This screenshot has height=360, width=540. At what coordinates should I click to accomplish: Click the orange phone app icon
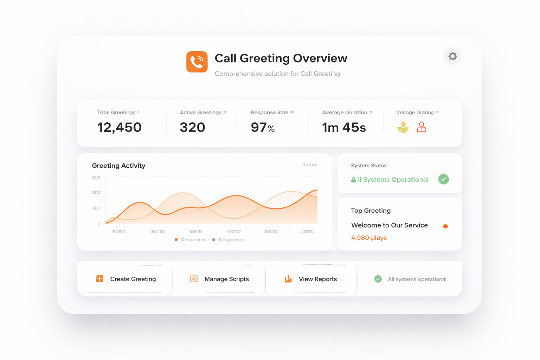[197, 62]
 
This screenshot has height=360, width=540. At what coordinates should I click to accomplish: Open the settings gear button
[452, 56]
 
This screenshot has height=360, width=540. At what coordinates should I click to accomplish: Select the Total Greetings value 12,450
[120, 127]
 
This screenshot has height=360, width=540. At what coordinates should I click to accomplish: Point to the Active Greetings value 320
[192, 127]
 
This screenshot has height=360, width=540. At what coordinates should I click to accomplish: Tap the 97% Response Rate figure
[263, 127]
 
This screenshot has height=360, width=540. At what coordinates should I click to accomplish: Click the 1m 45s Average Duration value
[344, 127]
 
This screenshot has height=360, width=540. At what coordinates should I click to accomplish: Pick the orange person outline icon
[422, 127]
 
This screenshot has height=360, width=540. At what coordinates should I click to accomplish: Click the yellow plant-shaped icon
[403, 127]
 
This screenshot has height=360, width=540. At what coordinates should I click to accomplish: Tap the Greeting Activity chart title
[118, 166]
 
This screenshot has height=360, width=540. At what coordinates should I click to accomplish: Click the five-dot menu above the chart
[310, 165]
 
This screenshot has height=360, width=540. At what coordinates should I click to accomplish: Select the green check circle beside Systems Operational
[444, 179]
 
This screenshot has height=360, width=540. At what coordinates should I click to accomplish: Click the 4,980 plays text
[369, 238]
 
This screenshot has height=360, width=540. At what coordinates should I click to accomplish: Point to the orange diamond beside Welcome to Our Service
[445, 226]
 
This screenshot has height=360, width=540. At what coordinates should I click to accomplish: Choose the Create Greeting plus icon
[100, 279]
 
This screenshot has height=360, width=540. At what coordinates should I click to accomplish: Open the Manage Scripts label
[226, 279]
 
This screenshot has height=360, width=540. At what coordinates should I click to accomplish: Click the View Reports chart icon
[288, 279]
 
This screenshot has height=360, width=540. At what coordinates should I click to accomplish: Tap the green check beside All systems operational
[378, 279]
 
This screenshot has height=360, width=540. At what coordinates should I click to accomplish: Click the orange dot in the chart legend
[176, 240]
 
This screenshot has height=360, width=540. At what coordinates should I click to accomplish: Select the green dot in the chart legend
[213, 240]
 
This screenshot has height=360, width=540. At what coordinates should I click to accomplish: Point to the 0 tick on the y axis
[99, 224]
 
